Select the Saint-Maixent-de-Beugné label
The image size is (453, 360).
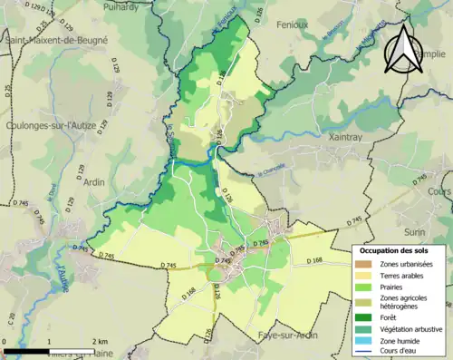tap(56, 41)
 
